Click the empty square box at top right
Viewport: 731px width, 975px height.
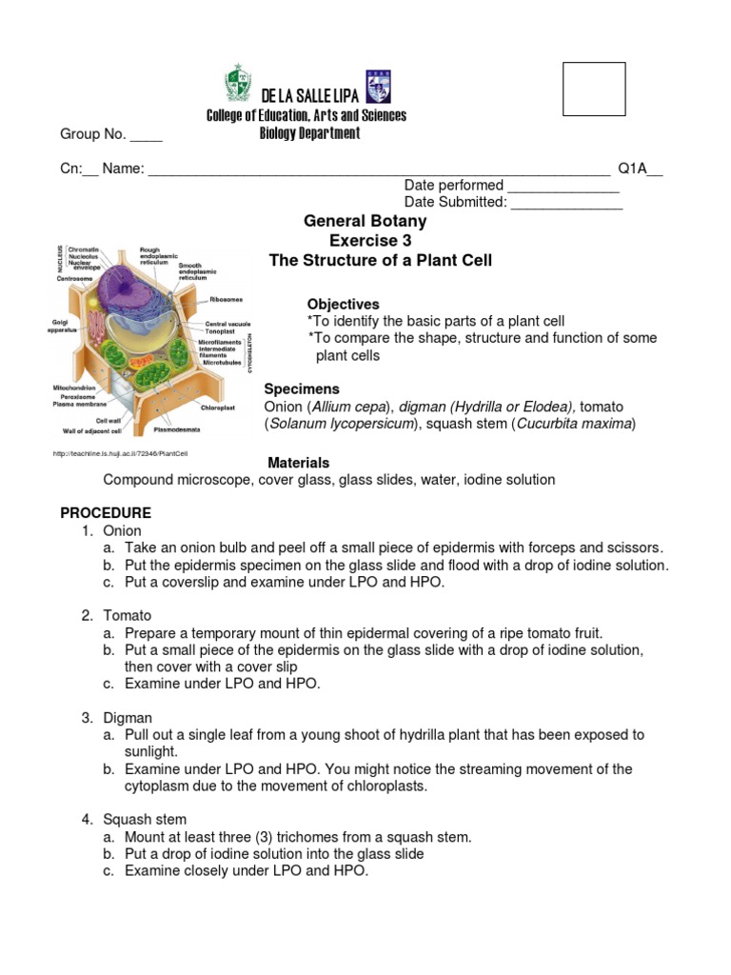pyautogui.click(x=594, y=89)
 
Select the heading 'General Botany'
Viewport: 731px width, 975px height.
pyautogui.click(x=365, y=221)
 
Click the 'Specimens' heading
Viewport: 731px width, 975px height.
pyautogui.click(x=302, y=389)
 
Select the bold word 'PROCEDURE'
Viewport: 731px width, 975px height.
pyautogui.click(x=106, y=513)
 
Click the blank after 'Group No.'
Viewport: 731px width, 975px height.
pyautogui.click(x=146, y=135)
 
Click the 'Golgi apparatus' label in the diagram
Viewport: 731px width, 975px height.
pyautogui.click(x=64, y=327)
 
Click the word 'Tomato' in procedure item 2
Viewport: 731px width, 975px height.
pyautogui.click(x=128, y=616)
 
